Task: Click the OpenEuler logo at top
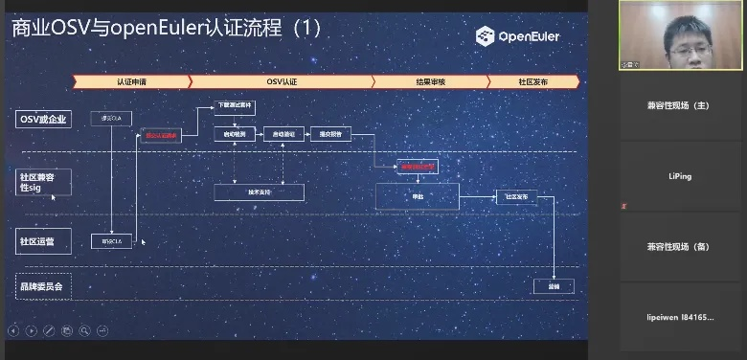(518, 36)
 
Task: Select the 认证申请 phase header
(132, 81)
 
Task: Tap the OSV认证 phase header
(281, 81)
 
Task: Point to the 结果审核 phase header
(428, 81)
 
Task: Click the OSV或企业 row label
(44, 120)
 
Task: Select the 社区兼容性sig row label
(44, 181)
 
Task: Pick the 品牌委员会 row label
(44, 285)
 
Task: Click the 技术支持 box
(259, 192)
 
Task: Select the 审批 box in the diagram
(418, 196)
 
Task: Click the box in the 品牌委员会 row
(553, 285)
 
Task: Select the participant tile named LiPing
(680, 176)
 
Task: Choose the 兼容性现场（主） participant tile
(680, 105)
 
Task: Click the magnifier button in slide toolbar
(84, 331)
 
